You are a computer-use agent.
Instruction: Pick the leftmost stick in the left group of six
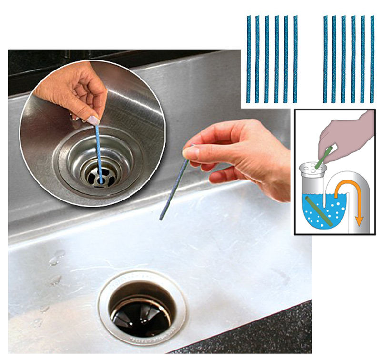click(248, 59)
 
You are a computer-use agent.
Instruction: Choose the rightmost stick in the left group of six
click(295, 59)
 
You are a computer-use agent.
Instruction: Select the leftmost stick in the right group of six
click(325, 59)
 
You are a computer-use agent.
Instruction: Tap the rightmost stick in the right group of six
click(371, 59)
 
